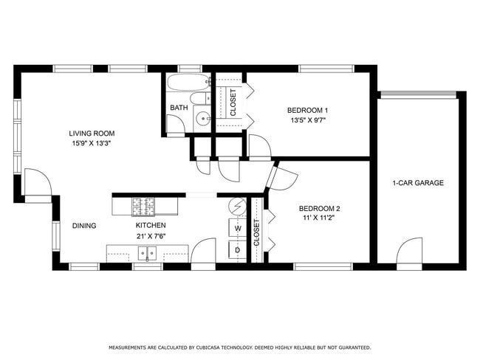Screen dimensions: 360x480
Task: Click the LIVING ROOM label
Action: coord(92,134)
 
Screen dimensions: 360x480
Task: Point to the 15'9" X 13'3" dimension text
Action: coord(92,144)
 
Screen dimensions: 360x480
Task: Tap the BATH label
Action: coord(179,108)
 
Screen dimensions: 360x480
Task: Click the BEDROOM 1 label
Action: coord(307,111)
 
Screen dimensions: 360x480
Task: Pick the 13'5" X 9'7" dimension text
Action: coord(307,120)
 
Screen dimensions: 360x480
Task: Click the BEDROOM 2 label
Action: coord(319,209)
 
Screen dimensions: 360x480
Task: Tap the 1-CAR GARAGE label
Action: coord(418,183)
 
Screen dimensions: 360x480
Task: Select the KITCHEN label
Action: coord(150,225)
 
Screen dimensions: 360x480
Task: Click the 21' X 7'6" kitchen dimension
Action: coord(150,236)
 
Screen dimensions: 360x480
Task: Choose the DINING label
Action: coord(84,226)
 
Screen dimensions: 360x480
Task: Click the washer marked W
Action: coord(238,229)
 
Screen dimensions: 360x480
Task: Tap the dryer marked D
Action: coord(238,251)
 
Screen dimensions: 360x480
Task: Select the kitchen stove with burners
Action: coord(145,204)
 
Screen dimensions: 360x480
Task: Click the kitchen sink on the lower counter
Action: coord(148,255)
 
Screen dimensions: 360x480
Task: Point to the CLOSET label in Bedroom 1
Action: coord(233,103)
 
